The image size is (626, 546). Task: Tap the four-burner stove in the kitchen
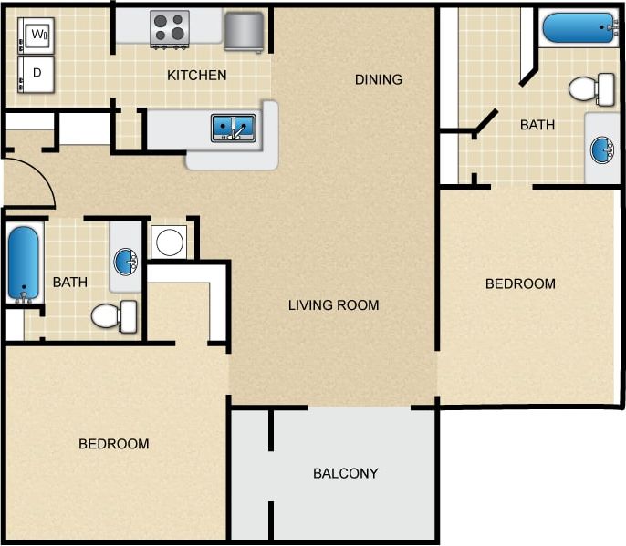169,28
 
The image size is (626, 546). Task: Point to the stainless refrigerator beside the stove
244,31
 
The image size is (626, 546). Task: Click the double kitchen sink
234,128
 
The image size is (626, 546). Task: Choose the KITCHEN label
196,75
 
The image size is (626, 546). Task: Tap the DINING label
378,79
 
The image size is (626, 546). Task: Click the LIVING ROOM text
333,304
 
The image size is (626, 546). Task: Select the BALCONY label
345,473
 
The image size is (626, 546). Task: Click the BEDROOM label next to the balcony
113,444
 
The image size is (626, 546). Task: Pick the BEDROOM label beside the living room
520,283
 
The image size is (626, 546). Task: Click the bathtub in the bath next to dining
579,27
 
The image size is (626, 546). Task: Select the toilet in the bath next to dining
591,88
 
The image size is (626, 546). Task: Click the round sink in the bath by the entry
125,262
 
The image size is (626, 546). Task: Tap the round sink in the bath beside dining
601,149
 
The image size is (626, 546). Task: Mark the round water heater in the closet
169,242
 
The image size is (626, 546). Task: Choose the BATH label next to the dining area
537,125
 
